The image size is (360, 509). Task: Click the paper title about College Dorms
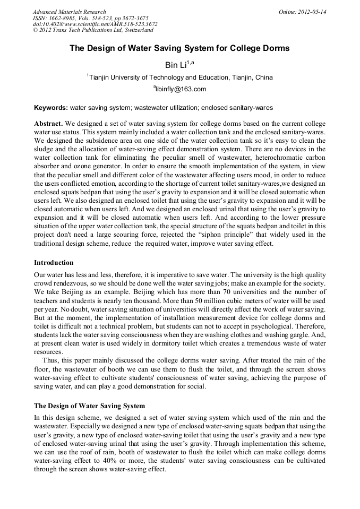pyautogui.click(x=180, y=48)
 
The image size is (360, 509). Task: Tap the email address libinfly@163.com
pyautogui.click(x=181, y=89)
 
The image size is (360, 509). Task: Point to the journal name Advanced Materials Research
pyautogui.click(x=69, y=12)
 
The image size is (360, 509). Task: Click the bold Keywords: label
pyautogui.click(x=51, y=107)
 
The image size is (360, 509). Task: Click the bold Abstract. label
pyautogui.click(x=49, y=123)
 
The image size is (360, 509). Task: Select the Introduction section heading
pyautogui.click(x=54, y=263)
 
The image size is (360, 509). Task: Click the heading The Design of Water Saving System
pyautogui.click(x=89, y=406)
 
